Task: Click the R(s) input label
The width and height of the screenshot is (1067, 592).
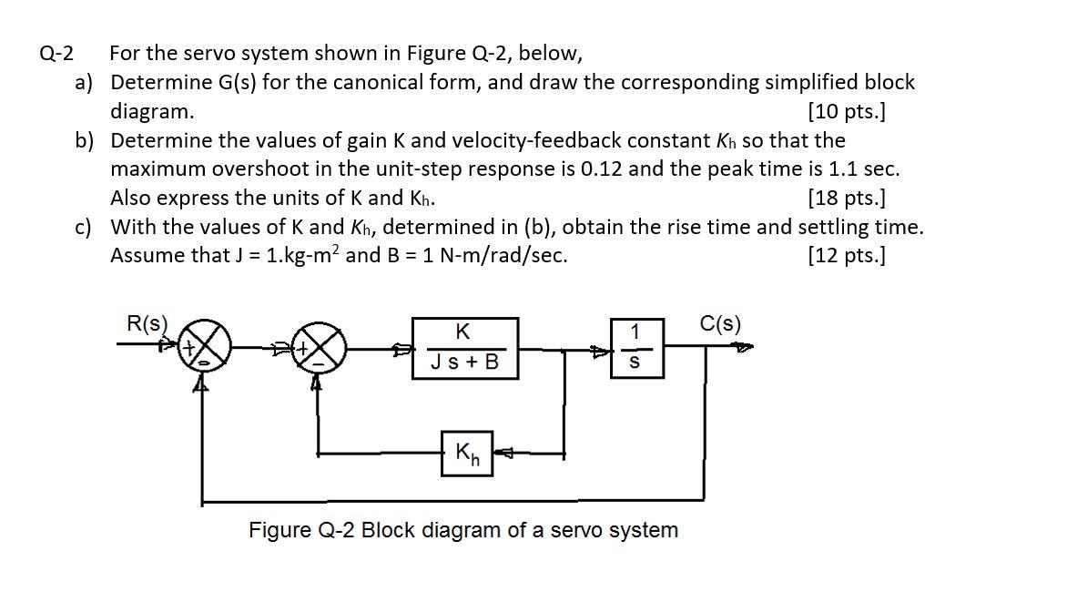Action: coord(147,323)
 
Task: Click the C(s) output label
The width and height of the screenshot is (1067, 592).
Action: coord(720,323)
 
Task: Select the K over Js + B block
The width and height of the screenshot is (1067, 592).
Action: coord(464,347)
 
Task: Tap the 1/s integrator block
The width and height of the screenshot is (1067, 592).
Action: coord(635,347)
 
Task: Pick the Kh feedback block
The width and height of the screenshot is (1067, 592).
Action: coord(466,452)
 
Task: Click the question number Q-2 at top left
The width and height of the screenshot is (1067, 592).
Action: coord(56,53)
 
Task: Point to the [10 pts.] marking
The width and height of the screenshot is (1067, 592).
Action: coord(847,111)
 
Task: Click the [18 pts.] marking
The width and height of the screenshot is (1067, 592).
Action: coord(847,198)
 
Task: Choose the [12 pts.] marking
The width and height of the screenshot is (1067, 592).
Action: coord(847,255)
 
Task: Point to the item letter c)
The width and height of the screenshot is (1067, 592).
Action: coord(84,227)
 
